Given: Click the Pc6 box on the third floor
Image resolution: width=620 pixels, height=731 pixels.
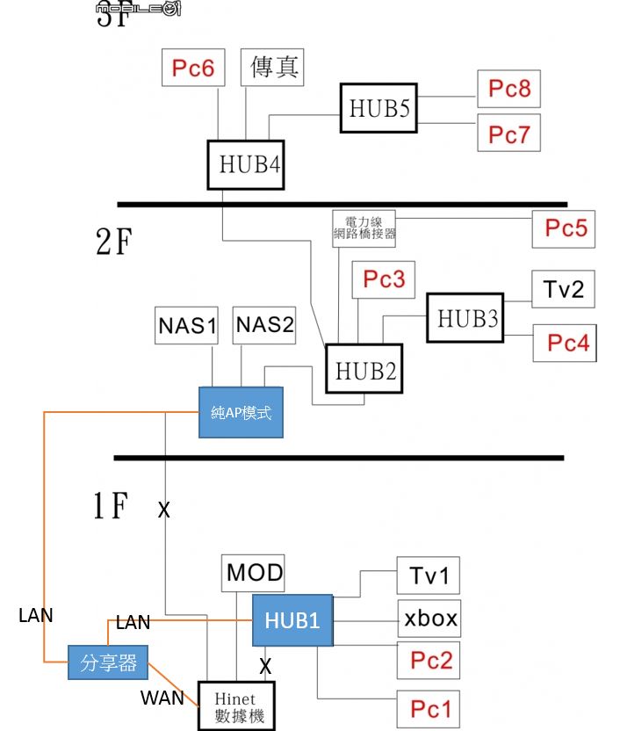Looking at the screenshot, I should pos(193,68).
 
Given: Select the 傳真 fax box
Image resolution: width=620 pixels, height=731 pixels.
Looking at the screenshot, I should pos(272,68).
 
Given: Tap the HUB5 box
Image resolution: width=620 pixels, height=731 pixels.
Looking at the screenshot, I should pos(379,108).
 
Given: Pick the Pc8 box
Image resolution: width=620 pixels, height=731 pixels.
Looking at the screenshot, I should pos(509,89).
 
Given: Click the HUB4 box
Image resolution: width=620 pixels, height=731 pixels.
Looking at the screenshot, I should pos(249,164).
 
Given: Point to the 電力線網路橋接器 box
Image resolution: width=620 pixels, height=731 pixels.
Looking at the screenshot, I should pos(364,228).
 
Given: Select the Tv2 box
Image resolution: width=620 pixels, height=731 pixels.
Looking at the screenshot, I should pos(563,289).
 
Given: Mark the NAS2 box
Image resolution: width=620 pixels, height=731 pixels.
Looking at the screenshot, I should pos(264,326).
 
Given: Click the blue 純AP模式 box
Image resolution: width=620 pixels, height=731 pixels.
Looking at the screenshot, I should pos(242,412).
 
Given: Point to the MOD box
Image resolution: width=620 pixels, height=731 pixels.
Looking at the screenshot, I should pos(255,574).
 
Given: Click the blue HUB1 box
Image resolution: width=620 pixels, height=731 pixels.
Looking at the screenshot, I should pos(295,620).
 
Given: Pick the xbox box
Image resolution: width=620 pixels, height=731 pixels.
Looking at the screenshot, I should pos(430,619).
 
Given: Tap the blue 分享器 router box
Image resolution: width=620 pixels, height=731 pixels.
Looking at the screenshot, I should pos(109,662).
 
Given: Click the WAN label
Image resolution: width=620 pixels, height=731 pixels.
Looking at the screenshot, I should pos(162,698).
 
